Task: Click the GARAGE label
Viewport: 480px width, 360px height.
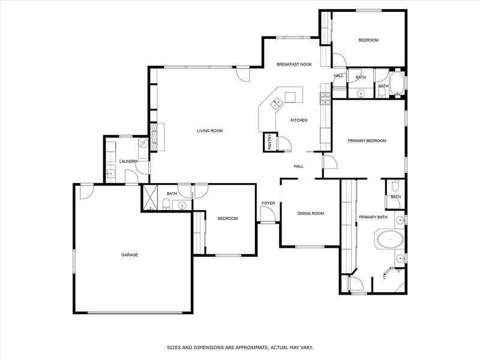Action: pos(130,254)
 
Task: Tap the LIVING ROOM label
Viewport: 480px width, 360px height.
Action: pos(209,131)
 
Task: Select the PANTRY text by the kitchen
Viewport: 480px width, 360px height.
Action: pos(269,142)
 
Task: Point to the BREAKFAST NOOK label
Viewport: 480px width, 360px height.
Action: pos(294,64)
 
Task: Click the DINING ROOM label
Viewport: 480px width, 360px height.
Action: pos(310,214)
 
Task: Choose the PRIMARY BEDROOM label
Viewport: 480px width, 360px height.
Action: pos(367,141)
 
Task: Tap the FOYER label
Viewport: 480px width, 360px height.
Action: pos(268,203)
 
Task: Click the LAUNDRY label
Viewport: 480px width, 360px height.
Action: pos(128,161)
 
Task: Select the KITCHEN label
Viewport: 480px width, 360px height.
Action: pos(299,121)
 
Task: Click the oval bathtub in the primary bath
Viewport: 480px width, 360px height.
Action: pos(389,239)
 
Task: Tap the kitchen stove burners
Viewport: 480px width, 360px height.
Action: pos(325,98)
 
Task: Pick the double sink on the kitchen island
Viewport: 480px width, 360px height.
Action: pos(276,103)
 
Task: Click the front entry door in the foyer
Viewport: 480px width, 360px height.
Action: pos(267,214)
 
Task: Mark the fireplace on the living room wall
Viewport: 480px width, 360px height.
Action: pos(154,137)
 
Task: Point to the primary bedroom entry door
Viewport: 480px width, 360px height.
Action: pos(329,161)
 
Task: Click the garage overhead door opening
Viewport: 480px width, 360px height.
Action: pos(135,313)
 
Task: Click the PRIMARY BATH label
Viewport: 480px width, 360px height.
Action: pos(373,217)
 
